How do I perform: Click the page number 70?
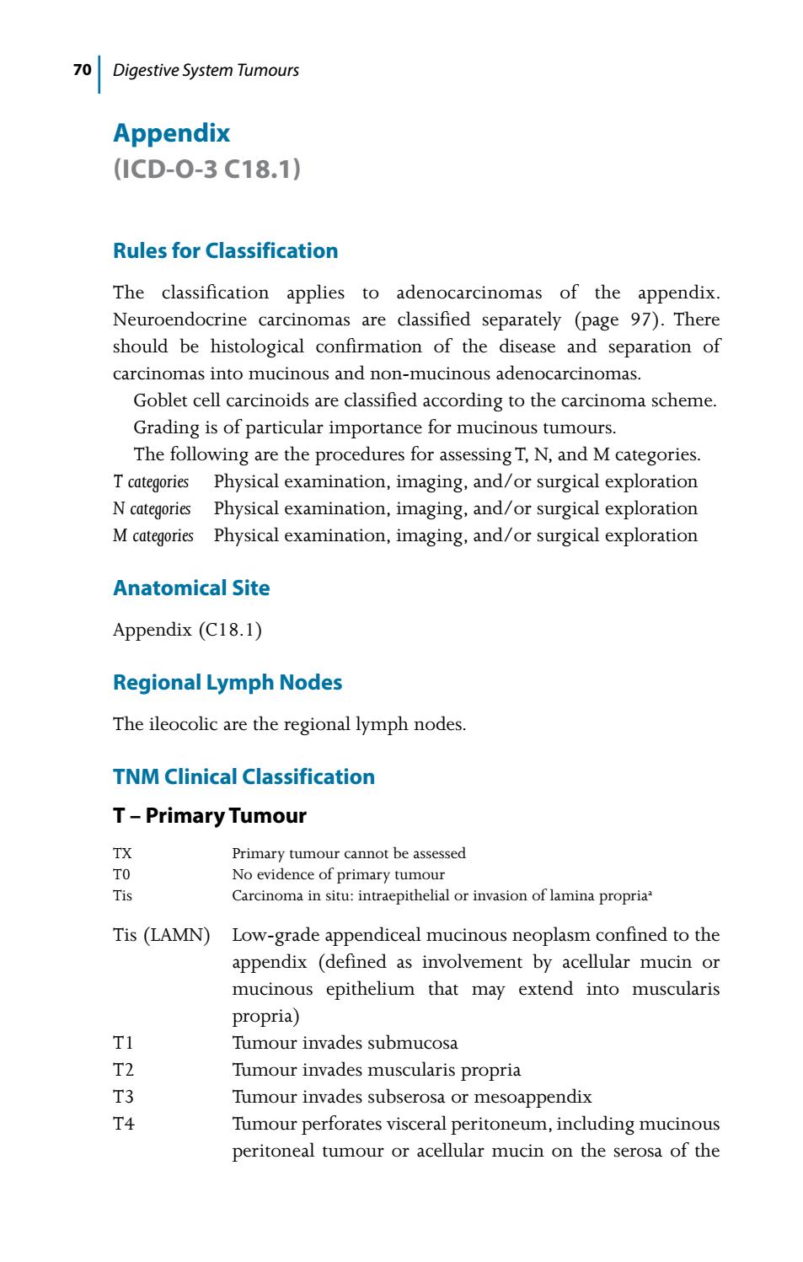point(82,70)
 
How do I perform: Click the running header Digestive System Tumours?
point(206,71)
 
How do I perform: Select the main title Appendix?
point(171,133)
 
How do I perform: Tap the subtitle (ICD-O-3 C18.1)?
point(206,169)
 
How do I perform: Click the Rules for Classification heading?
point(225,250)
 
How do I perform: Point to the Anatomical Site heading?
point(191,588)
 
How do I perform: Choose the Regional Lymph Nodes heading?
point(228,682)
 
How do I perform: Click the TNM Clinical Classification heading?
point(244,776)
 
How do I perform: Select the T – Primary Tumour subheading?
point(210,816)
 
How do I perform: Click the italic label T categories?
point(151,481)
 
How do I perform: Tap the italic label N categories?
point(152,508)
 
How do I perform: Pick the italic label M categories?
point(153,535)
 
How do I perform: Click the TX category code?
point(122,853)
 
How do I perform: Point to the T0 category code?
point(122,874)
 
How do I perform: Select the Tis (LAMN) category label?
point(161,935)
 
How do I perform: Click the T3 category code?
point(124,1097)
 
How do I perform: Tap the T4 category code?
point(124,1124)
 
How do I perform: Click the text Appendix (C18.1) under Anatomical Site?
point(187,630)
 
